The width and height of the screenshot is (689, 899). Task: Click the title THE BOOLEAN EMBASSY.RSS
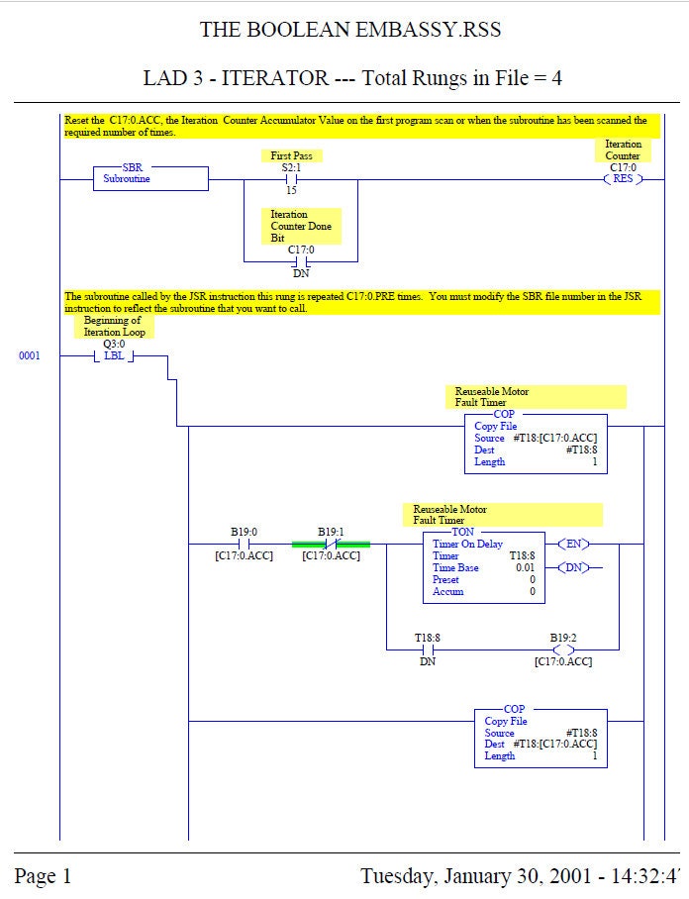tap(350, 30)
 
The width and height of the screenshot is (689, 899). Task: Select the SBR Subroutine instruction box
tap(150, 178)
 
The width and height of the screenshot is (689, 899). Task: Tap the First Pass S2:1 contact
tap(291, 179)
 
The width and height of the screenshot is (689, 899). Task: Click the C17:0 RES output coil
tap(623, 179)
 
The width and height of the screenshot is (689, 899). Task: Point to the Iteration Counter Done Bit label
tap(302, 226)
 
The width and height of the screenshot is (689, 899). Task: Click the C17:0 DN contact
tap(301, 261)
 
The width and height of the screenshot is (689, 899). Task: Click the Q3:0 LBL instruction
tap(114, 355)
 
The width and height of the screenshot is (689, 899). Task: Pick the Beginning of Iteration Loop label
tap(114, 327)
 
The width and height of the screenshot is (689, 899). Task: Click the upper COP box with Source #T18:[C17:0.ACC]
tap(536, 443)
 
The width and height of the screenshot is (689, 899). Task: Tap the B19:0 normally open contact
tap(245, 544)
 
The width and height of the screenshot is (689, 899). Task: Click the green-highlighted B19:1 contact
tap(331, 544)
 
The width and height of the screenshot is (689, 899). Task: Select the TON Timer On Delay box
tap(481, 567)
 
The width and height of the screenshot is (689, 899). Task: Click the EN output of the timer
tap(575, 544)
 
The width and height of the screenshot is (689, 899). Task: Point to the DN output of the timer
tap(575, 567)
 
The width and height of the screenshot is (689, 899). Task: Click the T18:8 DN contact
tap(428, 649)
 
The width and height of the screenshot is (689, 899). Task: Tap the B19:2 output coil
tap(563, 649)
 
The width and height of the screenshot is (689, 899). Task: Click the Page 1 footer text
tap(43, 876)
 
